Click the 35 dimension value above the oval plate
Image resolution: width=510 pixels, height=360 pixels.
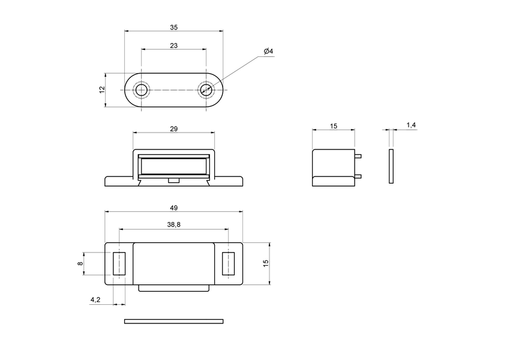pos(173,28)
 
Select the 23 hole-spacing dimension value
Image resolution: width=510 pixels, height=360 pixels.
pos(173,46)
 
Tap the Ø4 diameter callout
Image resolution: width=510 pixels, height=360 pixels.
pos(268,52)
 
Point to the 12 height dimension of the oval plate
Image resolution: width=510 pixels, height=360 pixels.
pos(102,89)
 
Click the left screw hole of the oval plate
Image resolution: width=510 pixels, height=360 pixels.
pos(141,90)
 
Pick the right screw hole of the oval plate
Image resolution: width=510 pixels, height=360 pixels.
pos(206,90)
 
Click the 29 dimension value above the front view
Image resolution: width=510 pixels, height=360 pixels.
pos(173,129)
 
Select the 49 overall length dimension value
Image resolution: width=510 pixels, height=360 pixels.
pos(173,208)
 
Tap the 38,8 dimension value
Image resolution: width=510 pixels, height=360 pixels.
pos(173,225)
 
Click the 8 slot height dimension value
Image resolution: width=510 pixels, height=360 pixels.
pos(80,263)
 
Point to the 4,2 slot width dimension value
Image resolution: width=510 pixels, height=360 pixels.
pos(95,299)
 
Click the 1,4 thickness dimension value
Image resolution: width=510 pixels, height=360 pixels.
pos(411,125)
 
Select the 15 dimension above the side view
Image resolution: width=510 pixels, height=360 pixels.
pos(334,126)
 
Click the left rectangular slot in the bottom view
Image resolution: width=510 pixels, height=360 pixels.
pos(119,263)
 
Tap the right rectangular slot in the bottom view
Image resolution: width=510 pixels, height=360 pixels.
pos(228,263)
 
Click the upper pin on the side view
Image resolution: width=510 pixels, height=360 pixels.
pos(358,157)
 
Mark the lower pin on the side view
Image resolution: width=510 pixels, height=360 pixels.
pos(358,176)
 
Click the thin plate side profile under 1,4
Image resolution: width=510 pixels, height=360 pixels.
pos(391,166)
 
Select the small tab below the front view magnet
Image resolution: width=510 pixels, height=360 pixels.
pos(173,180)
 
